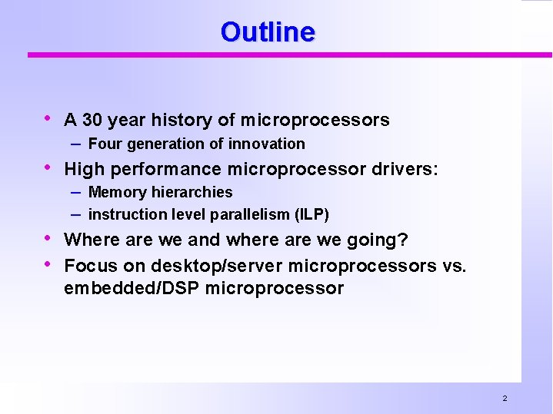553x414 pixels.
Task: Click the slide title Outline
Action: [267, 32]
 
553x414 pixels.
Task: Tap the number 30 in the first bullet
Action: [92, 120]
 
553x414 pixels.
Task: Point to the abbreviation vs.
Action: [453, 266]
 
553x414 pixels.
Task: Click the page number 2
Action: [505, 399]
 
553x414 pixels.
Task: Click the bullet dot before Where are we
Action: [50, 238]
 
